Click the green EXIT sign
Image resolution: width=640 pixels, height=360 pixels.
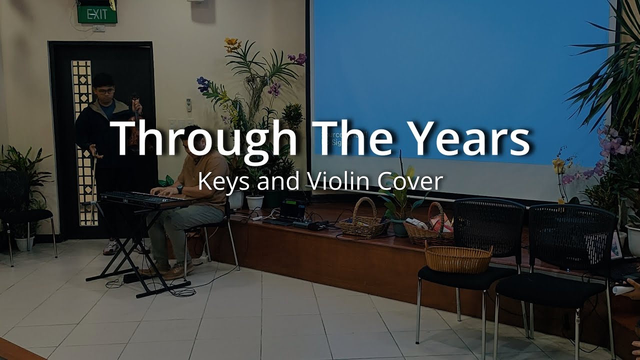point(97,14)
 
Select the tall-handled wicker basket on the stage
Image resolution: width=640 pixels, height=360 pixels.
point(363,222)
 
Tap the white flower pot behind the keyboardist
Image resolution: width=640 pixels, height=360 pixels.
point(254,202)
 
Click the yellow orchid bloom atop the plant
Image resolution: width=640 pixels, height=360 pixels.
point(232,44)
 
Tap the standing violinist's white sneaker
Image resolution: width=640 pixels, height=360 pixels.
point(111,247)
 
